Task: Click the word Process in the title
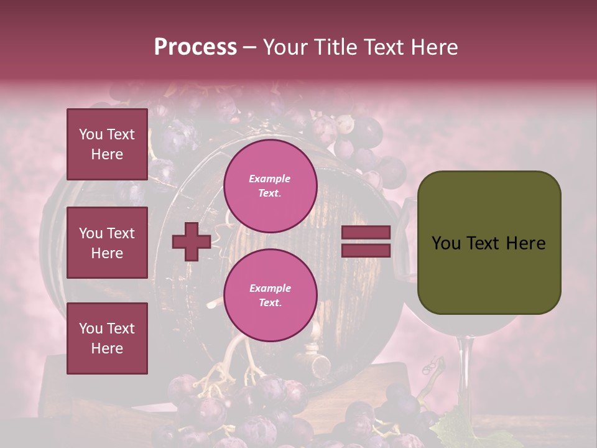[x=195, y=47]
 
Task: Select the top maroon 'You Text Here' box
[x=107, y=144]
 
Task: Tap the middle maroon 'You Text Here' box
[x=107, y=243]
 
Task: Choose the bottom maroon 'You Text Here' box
[x=107, y=338]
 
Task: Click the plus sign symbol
[x=192, y=242]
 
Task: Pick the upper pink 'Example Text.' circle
[x=270, y=185]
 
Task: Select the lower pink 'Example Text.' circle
[x=270, y=295]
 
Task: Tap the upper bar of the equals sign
[x=366, y=233]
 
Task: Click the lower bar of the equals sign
[x=366, y=251]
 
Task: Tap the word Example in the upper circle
[x=270, y=179]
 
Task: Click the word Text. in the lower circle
[x=270, y=302]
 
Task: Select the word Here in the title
[x=434, y=47]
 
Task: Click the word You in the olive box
[x=446, y=243]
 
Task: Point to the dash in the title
[x=250, y=48]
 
